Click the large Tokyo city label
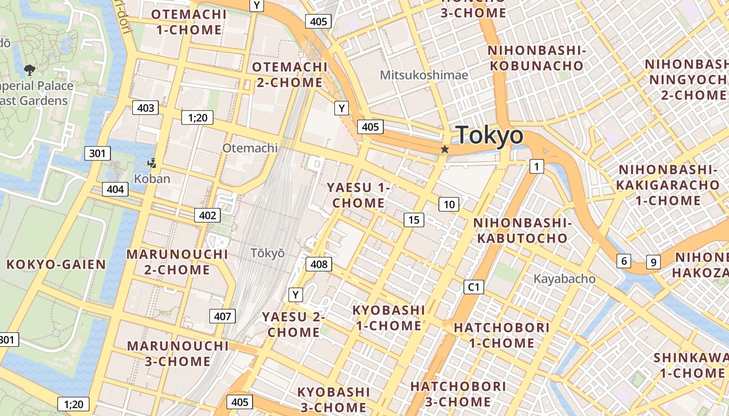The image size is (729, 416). click(489, 135)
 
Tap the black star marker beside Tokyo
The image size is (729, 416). click(445, 150)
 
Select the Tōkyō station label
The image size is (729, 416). click(268, 253)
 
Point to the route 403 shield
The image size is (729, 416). click(145, 108)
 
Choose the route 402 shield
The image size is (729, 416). click(207, 215)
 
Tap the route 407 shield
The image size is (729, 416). click(222, 316)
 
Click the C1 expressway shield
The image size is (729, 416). click(473, 287)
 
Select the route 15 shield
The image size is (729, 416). click(413, 220)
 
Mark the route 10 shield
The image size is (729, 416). click(449, 204)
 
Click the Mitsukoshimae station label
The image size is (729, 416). click(424, 75)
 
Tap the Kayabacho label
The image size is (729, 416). click(564, 279)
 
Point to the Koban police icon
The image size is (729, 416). click(152, 164)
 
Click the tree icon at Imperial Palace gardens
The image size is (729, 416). click(30, 69)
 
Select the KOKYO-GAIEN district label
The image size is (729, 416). click(56, 264)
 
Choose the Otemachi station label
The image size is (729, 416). click(250, 148)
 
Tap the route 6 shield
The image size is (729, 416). click(623, 261)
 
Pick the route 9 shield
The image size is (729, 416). click(653, 262)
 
